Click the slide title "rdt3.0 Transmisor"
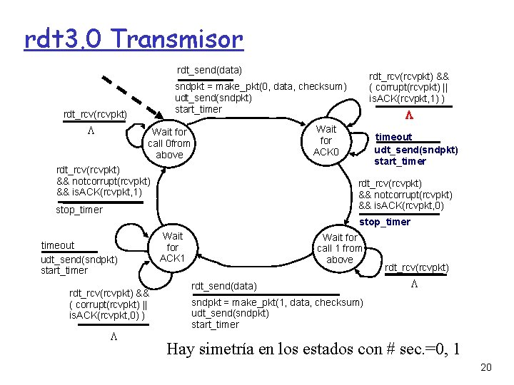pos(133,39)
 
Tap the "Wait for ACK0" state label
pos(326,141)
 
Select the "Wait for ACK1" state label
pos(172,247)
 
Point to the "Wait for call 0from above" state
pos(169,143)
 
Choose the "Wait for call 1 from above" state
pos(340,248)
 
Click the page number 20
pos(486,368)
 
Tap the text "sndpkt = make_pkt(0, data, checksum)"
pos(261,86)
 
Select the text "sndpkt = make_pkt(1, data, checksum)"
pos(277,302)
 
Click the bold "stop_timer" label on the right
pos(385,222)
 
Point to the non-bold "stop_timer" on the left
pos(79,210)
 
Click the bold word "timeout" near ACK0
pos(394,137)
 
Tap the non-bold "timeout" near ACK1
pos(58,245)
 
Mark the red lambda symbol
pos(409,115)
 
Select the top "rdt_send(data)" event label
pos(209,70)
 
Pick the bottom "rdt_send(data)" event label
pos(223,286)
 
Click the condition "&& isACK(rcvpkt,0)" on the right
pos(405,207)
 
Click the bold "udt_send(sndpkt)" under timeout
pos(416,150)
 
